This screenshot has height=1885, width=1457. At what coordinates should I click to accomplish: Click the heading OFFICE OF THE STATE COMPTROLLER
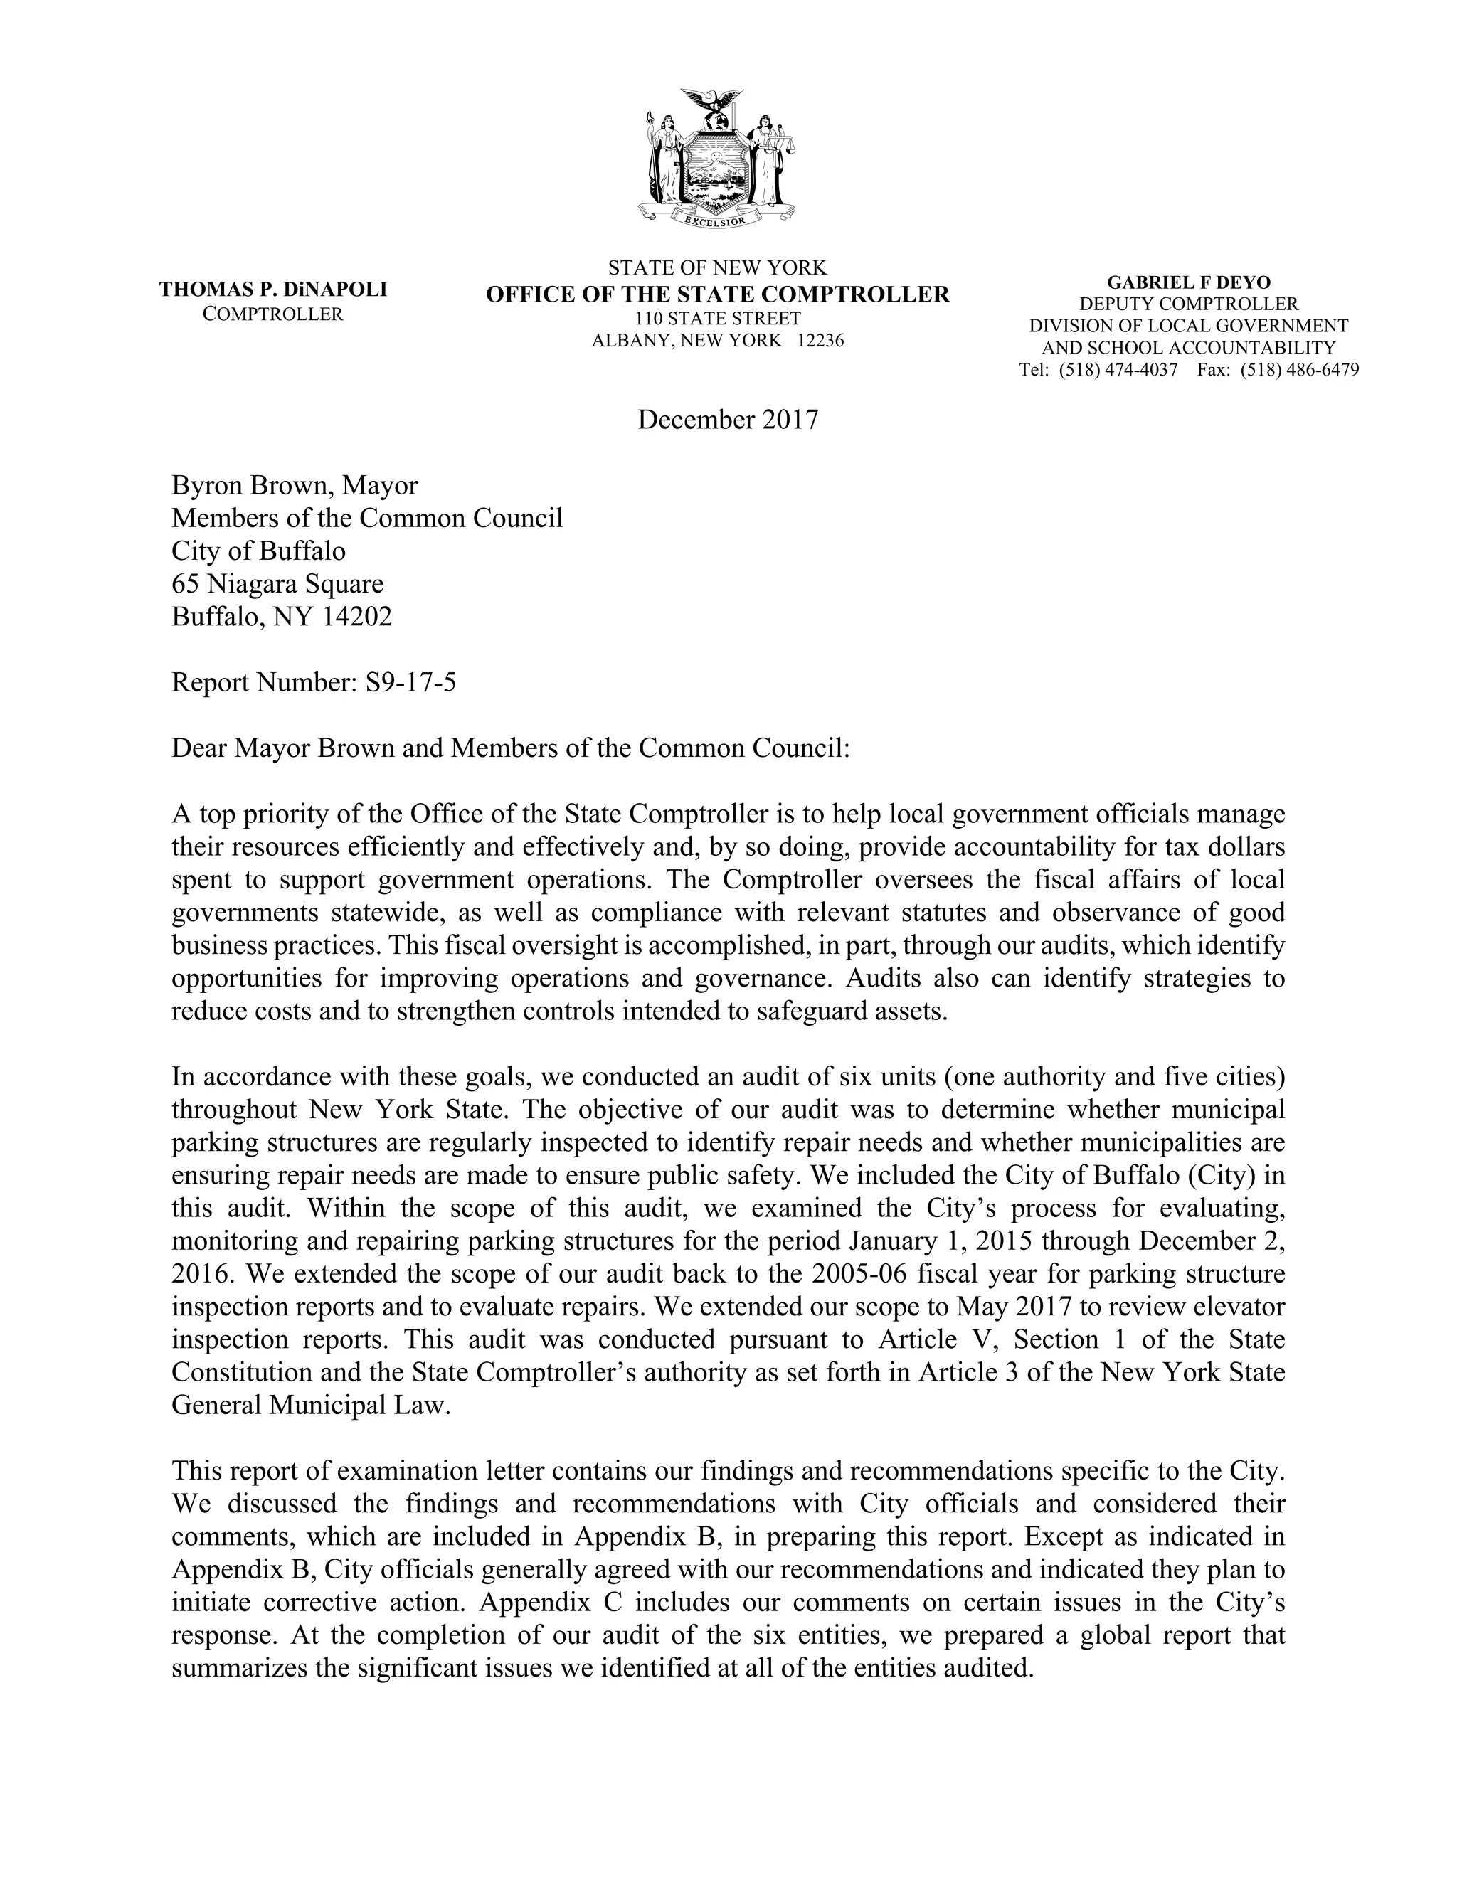pyautogui.click(x=717, y=294)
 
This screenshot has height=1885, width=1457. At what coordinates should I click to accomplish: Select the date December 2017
pyautogui.click(x=728, y=420)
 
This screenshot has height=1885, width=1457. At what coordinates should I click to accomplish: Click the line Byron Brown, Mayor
pyautogui.click(x=295, y=486)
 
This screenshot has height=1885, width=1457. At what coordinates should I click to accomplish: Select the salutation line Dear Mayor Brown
pyautogui.click(x=511, y=748)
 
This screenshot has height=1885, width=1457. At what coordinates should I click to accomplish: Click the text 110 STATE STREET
pyautogui.click(x=717, y=319)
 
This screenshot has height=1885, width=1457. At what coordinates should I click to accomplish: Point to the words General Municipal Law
pyautogui.click(x=311, y=1404)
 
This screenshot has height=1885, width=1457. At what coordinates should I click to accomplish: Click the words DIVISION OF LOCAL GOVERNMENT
pyautogui.click(x=1187, y=326)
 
